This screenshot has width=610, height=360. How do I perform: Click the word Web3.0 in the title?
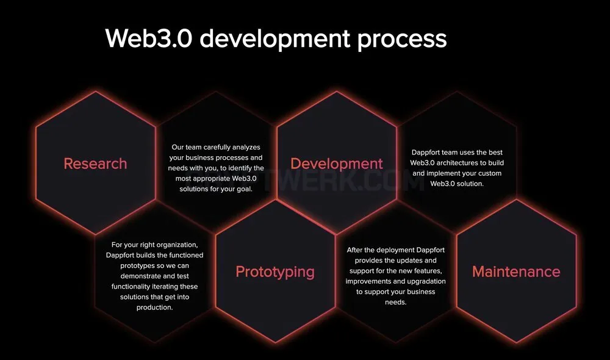[149, 38]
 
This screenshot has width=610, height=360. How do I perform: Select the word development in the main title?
[275, 39]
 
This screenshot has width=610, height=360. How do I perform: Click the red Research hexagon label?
[95, 164]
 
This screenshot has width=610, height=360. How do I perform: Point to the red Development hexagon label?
[337, 164]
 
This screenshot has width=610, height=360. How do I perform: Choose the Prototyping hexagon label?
[275, 272]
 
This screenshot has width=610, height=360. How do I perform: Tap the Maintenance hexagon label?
[516, 272]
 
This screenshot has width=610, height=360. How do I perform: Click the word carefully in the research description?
[217, 148]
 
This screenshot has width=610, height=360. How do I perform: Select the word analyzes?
[246, 148]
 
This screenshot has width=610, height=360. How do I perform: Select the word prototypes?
[138, 266]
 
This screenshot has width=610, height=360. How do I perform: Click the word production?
[154, 308]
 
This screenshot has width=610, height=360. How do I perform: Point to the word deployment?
[390, 250]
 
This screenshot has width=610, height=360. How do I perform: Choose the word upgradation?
[425, 281]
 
